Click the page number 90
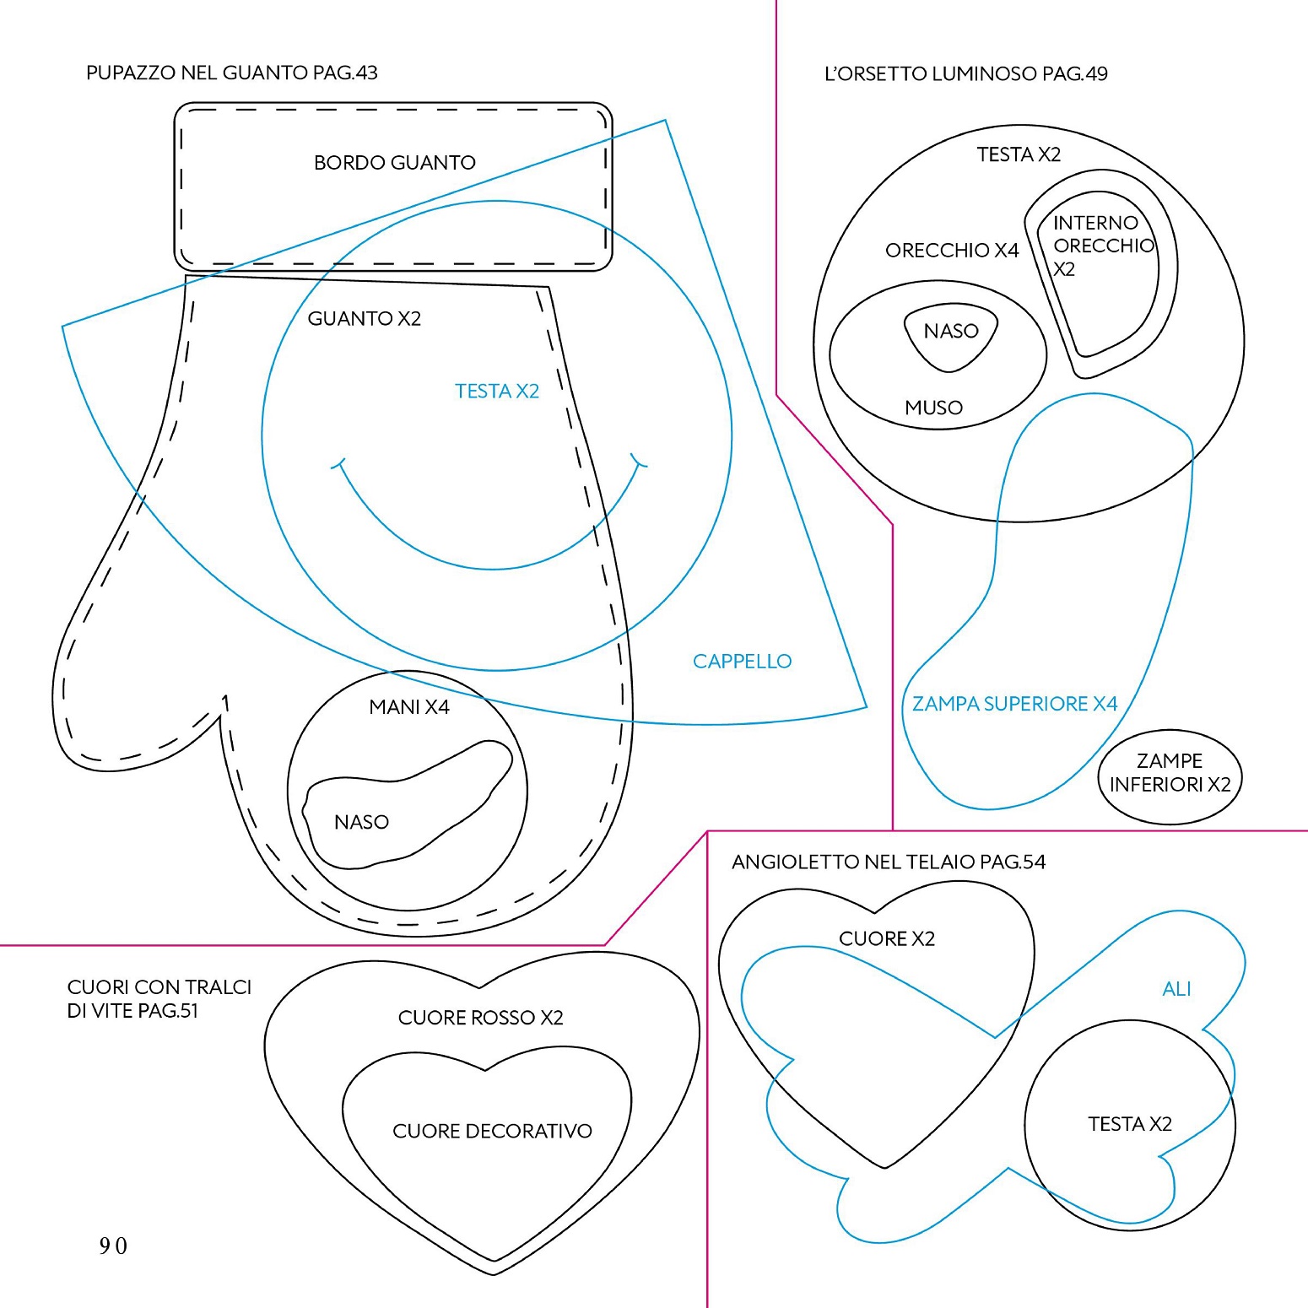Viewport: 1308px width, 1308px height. [x=113, y=1246]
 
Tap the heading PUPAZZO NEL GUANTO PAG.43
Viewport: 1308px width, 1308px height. [x=231, y=73]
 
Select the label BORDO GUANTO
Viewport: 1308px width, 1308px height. [x=394, y=162]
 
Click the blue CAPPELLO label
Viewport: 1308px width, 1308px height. [x=742, y=661]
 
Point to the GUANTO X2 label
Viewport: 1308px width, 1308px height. [x=364, y=318]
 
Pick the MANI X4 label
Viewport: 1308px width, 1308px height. [x=409, y=707]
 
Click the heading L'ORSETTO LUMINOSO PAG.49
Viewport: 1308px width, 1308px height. [x=965, y=73]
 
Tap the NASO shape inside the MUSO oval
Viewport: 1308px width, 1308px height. [x=951, y=335]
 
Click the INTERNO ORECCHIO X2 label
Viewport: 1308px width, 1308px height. [x=1102, y=246]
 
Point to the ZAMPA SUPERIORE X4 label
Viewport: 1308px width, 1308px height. [x=1014, y=704]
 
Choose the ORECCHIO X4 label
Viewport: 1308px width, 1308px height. [x=952, y=250]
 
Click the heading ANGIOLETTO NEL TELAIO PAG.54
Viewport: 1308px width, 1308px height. [x=888, y=862]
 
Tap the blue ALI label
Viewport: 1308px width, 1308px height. [x=1176, y=988]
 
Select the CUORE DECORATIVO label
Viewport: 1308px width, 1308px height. [x=492, y=1131]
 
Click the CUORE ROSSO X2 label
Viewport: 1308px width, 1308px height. [x=480, y=1018]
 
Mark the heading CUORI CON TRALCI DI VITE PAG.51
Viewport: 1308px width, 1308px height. [x=159, y=998]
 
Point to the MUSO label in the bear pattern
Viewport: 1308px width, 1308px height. [x=933, y=408]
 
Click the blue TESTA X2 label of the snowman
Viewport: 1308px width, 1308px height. [x=496, y=391]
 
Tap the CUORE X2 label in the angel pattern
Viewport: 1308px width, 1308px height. [x=886, y=938]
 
